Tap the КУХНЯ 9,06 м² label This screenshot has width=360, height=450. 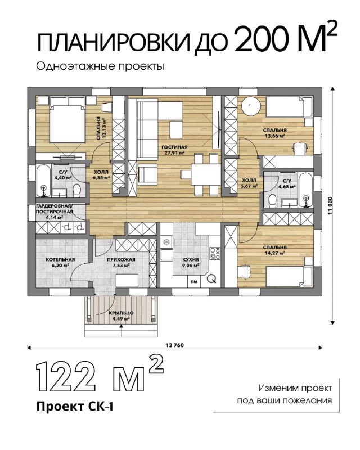pyautogui.click(x=191, y=262)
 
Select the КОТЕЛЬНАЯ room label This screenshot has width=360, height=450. pyautogui.click(x=60, y=260)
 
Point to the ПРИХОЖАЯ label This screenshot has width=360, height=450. pyautogui.click(x=121, y=260)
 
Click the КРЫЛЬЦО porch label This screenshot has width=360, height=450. pyautogui.click(x=121, y=313)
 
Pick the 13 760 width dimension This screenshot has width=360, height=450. pyautogui.click(x=174, y=345)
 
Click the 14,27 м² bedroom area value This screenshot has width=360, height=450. pyautogui.click(x=275, y=253)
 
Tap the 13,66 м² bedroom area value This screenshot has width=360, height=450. pyautogui.click(x=275, y=136)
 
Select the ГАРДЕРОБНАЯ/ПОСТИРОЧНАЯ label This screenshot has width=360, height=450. pyautogui.click(x=55, y=209)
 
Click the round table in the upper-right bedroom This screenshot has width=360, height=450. pyautogui.click(x=251, y=106)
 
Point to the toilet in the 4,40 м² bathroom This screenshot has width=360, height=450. pyautogui.click(x=76, y=191)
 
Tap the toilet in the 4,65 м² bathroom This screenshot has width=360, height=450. pyautogui.click(x=272, y=201)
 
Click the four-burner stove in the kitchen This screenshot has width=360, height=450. pyautogui.click(x=215, y=253)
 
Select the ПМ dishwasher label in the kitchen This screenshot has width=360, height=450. pyautogui.click(x=194, y=282)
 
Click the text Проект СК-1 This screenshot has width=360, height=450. pyautogui.click(x=75, y=407)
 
